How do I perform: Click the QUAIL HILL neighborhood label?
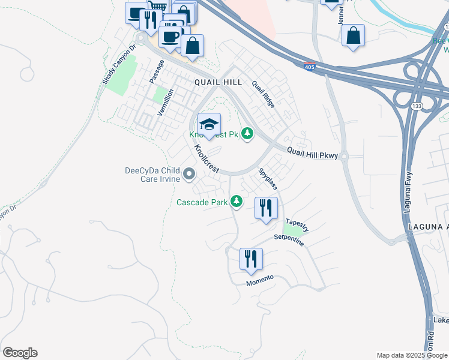pos(218,82)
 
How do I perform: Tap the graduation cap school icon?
pos(209,125)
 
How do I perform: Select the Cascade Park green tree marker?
pos(237,201)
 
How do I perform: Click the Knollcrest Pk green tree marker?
pos(247,133)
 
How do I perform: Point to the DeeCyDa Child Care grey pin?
pos(190,175)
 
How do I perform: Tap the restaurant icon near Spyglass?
pos(266,208)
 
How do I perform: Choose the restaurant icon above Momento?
pos(251,259)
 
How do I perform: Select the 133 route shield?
pos(415,106)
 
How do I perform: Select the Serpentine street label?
pos(289,240)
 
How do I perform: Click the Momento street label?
pos(259,280)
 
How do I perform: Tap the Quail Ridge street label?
pos(263,94)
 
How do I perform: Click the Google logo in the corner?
pos(20,353)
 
